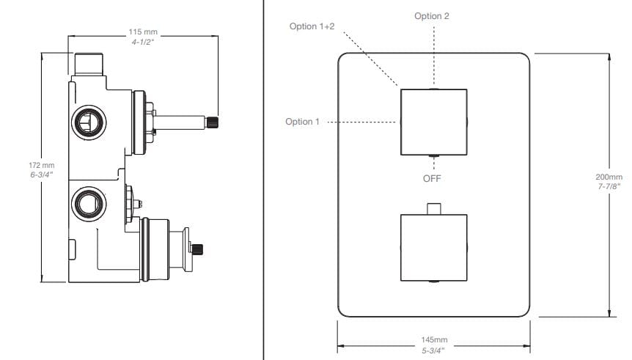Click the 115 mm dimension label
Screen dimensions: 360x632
(x=143, y=33)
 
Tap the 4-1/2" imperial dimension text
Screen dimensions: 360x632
(x=143, y=43)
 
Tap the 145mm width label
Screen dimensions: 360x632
(x=434, y=340)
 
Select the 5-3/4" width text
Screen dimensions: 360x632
(x=434, y=350)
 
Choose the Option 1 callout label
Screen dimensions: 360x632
(x=302, y=122)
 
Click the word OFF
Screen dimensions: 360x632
(x=433, y=177)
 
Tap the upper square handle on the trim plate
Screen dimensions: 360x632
(x=433, y=122)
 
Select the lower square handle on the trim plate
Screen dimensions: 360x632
(x=433, y=247)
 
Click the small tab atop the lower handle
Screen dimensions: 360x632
(x=433, y=208)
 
